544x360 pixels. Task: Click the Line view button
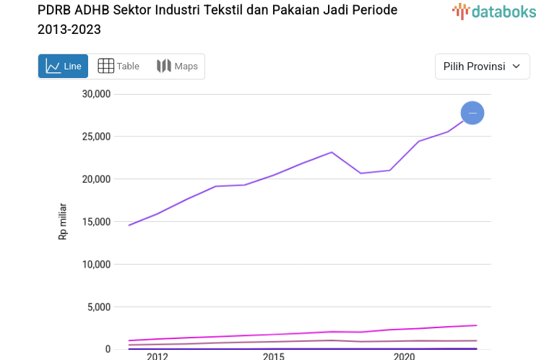pos(64,67)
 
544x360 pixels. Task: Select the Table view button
pos(118,67)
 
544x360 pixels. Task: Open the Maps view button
pos(177,67)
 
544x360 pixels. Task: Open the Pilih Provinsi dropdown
pos(482,67)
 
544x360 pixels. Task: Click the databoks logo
pos(491,11)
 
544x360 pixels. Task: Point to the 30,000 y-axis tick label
pos(95,94)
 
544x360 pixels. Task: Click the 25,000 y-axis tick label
pos(95,137)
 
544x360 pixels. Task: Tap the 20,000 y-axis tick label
pos(95,179)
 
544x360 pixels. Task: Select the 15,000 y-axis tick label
pos(95,222)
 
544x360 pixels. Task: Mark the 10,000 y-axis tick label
pos(95,265)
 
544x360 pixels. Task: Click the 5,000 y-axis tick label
pos(98,307)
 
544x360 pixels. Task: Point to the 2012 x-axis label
pos(157,356)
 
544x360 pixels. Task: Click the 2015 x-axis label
pos(273,356)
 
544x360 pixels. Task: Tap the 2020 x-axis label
pos(404,356)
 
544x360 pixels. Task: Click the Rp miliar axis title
pos(63,221)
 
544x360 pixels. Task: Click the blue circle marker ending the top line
pos(472,113)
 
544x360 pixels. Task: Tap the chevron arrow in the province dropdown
pos(516,67)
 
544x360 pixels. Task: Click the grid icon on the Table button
pos(105,67)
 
